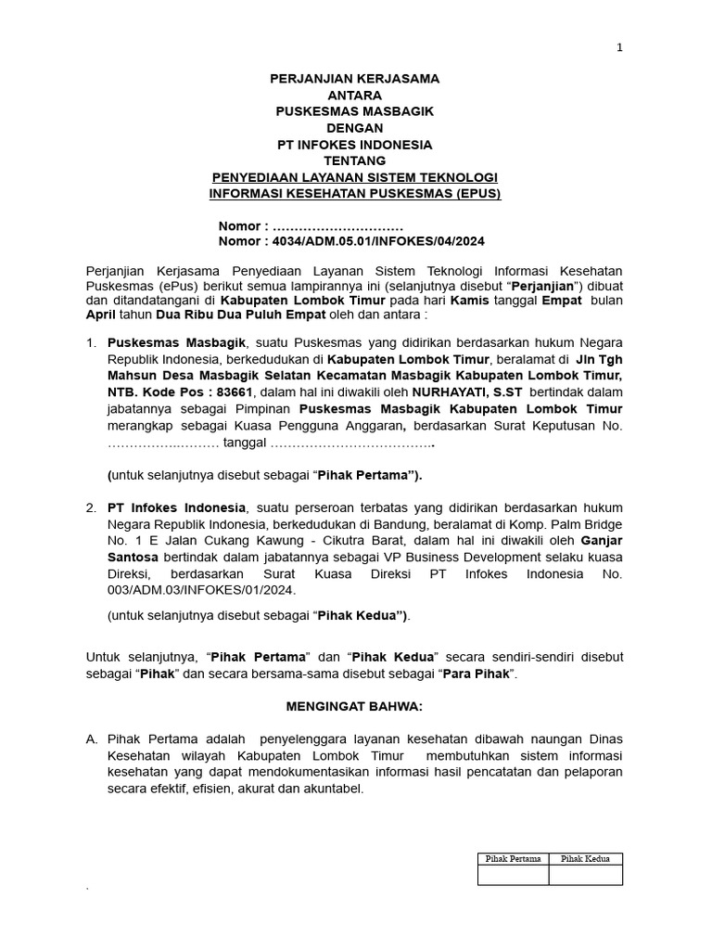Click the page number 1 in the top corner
point(619,49)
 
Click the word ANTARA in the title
point(354,96)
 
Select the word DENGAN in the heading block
point(354,128)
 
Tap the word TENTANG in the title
point(354,160)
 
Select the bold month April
point(101,315)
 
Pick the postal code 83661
point(235,392)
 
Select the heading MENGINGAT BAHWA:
point(354,706)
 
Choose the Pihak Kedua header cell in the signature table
point(585,859)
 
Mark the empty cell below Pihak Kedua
point(585,875)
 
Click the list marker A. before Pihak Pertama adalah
point(92,739)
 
